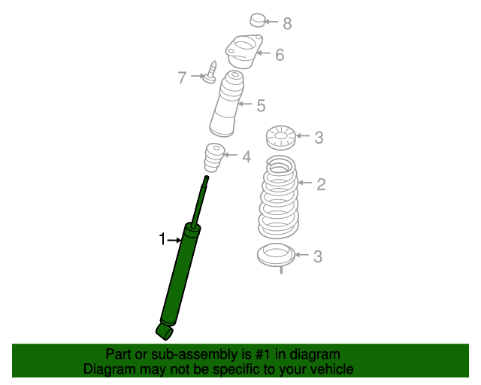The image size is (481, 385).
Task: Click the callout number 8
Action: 287,23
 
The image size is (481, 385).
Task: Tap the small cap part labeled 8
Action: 257,20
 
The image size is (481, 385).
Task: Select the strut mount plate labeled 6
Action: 244,51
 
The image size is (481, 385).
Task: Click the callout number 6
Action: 280,55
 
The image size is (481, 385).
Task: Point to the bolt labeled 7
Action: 210,73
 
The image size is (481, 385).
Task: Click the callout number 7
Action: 182,77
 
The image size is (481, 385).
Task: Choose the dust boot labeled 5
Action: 227,104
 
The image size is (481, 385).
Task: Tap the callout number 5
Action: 261,105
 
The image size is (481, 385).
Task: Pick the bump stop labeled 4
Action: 213,157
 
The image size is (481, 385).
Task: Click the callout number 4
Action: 247,156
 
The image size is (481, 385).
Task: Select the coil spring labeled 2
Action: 278,197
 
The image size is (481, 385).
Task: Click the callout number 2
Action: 321,184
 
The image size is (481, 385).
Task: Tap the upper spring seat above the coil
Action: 280,138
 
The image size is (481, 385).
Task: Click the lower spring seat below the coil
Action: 276,256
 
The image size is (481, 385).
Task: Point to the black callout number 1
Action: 162,239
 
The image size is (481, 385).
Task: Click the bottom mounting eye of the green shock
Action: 165,332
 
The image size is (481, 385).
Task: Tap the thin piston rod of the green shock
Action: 200,202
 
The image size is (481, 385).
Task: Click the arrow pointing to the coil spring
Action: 305,183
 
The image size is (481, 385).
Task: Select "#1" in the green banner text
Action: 263,355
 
